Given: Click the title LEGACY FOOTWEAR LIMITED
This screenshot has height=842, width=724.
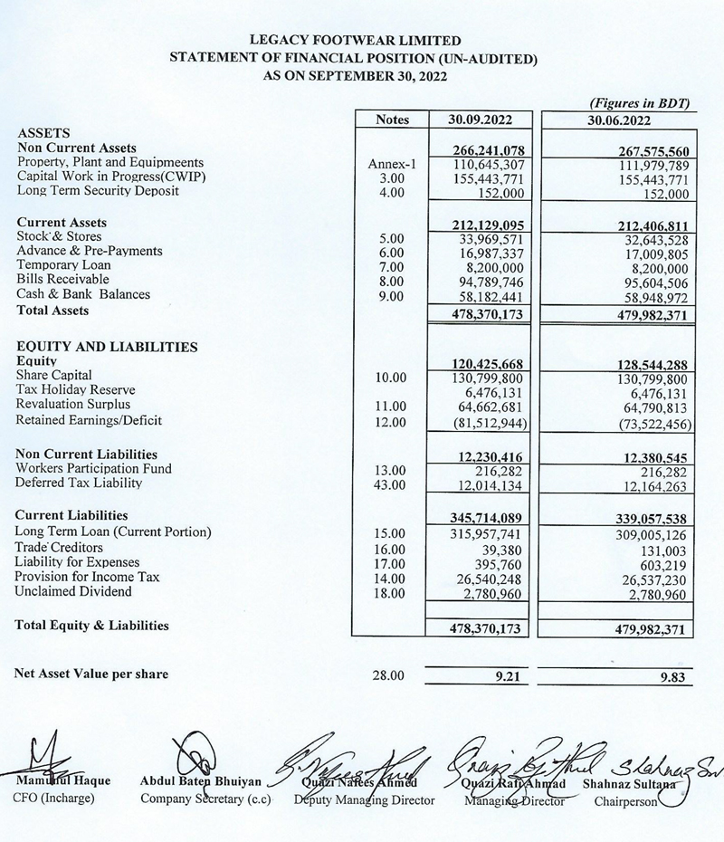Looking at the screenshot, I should coord(360,41).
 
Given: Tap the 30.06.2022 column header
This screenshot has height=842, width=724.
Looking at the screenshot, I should coord(619,120).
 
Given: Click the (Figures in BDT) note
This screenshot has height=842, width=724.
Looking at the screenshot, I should coord(640,104).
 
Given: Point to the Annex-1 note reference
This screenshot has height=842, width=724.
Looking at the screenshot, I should coord(390,163).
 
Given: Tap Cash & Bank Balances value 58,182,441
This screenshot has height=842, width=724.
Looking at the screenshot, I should coord(490,294).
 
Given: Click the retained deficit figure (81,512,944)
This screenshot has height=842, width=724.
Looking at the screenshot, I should coord(487,422).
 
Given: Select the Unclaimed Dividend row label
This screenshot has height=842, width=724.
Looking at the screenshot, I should coord(73,592).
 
